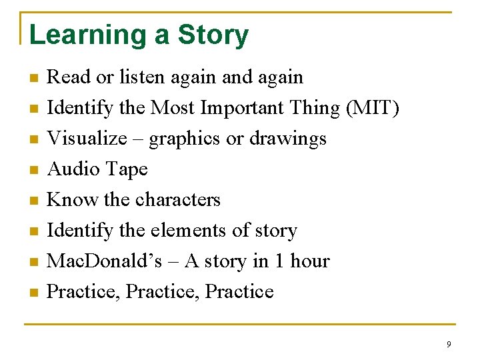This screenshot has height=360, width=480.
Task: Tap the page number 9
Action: [449, 344]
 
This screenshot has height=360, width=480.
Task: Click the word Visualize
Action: [87, 139]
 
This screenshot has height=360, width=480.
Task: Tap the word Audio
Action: [73, 169]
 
